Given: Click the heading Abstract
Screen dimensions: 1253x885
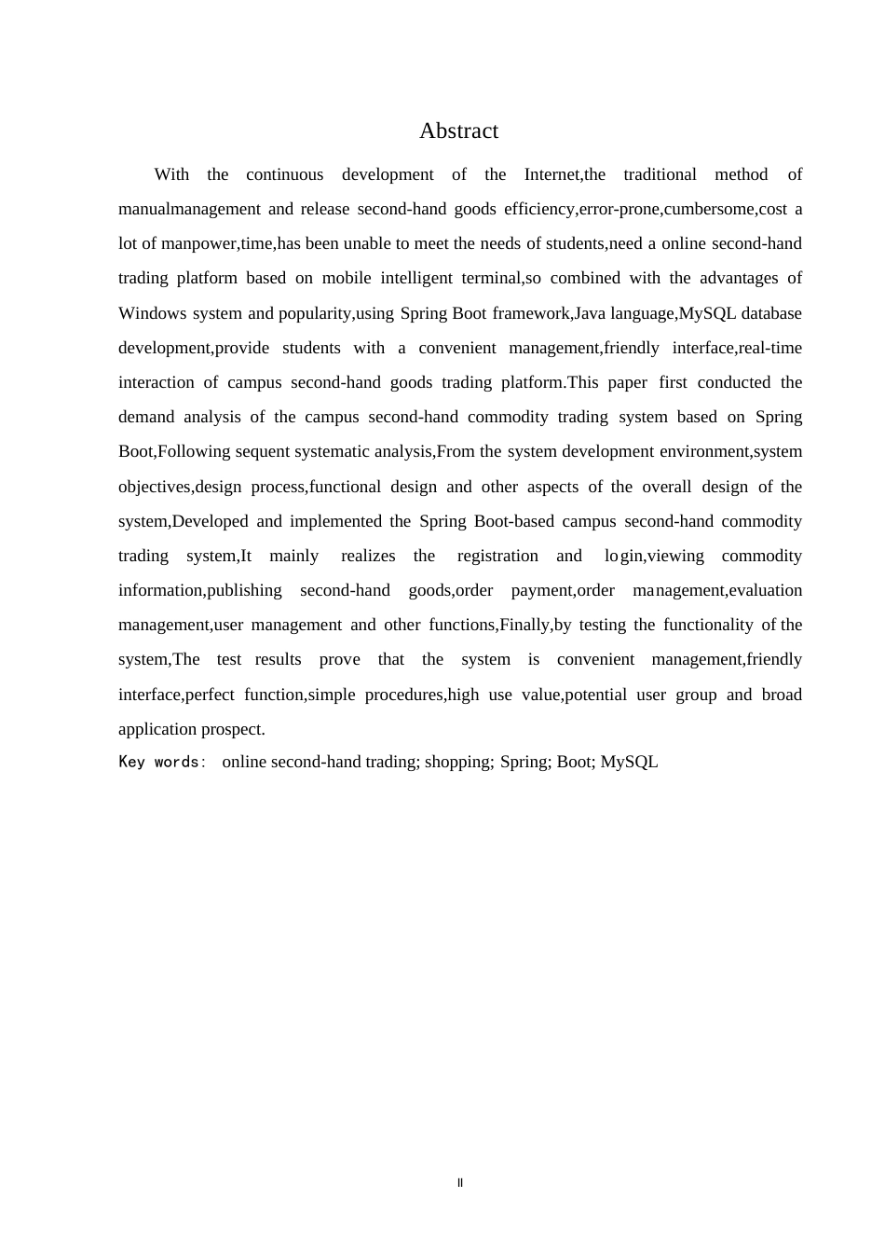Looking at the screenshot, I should coord(458,131).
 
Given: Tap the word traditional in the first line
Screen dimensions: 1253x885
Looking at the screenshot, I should coord(660,174).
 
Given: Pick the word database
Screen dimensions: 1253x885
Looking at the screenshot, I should coord(771,313).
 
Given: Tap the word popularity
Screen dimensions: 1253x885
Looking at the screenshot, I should coord(315,313).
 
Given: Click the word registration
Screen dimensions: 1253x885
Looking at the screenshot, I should coord(497,556).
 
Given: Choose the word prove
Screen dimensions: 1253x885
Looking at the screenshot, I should coord(339,659).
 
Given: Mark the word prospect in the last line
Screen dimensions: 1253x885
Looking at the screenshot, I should coord(233,729).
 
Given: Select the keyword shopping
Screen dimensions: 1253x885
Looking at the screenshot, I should coord(458,762).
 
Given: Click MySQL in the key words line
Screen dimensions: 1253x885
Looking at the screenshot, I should coord(629,762).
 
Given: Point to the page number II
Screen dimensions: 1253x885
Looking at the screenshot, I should coord(460,1183).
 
